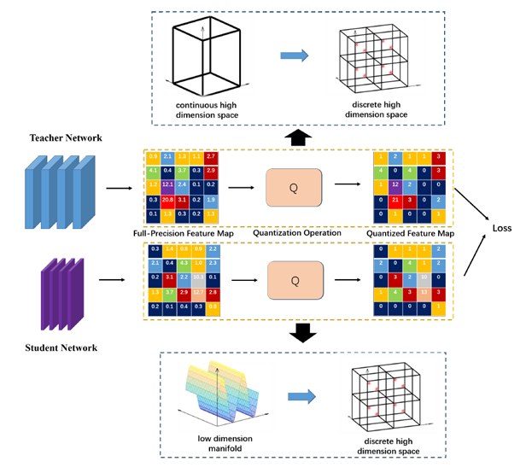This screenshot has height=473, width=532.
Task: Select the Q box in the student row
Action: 295,280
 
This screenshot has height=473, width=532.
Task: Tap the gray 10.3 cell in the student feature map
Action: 198,277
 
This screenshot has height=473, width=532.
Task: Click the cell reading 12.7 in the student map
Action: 198,291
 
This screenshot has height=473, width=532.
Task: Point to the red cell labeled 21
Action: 395,199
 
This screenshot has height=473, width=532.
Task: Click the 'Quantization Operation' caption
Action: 295,232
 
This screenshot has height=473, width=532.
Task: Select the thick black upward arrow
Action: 296,137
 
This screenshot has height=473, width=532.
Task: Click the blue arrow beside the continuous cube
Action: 294,55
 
